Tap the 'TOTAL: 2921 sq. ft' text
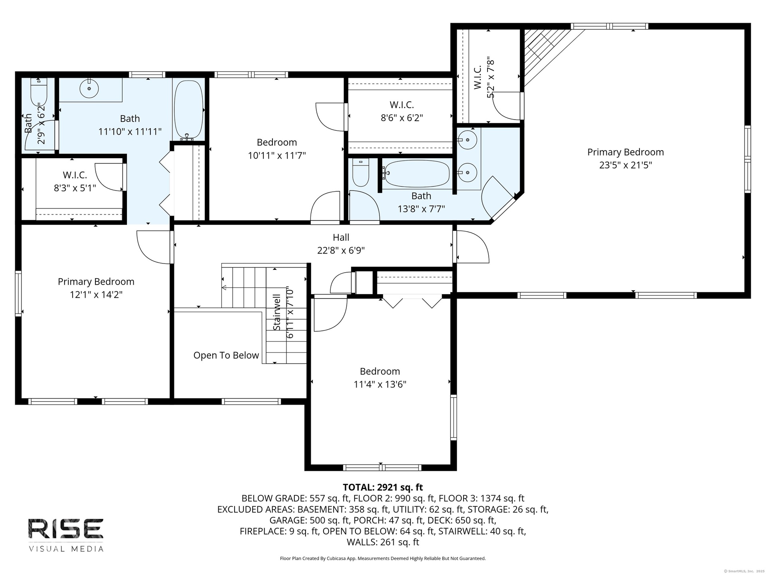(383, 487)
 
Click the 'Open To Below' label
(226, 355)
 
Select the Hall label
(341, 237)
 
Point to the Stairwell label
(276, 312)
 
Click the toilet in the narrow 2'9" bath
(39, 91)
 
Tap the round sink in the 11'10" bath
(89, 88)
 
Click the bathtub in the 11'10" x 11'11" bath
(189, 108)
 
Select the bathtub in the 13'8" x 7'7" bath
(417, 174)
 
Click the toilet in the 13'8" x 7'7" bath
(361, 172)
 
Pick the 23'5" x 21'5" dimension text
(626, 165)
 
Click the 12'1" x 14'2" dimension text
(96, 295)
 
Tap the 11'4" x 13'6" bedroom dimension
(380, 384)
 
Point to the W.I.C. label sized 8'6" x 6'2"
(402, 105)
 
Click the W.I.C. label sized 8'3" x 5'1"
(75, 175)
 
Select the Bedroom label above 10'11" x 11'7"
(277, 142)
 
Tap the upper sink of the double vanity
(467, 140)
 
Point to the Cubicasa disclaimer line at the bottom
(383, 558)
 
